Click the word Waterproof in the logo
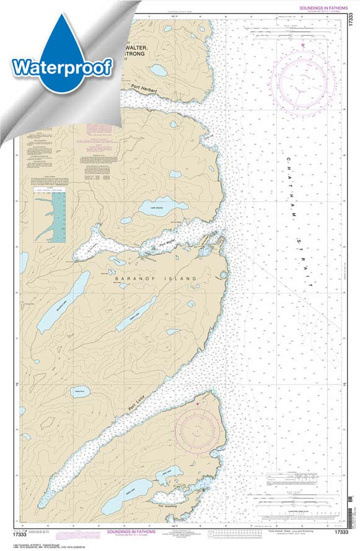point(61,65)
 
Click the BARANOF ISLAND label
point(156,279)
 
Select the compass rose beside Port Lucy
point(197,427)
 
